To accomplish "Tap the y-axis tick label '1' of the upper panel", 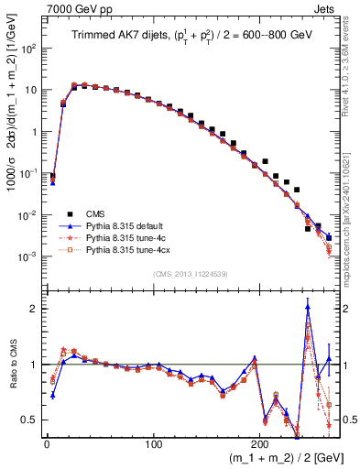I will click(34, 132).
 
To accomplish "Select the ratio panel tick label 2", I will click(34, 309).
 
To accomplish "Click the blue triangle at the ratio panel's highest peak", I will click(308, 307).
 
